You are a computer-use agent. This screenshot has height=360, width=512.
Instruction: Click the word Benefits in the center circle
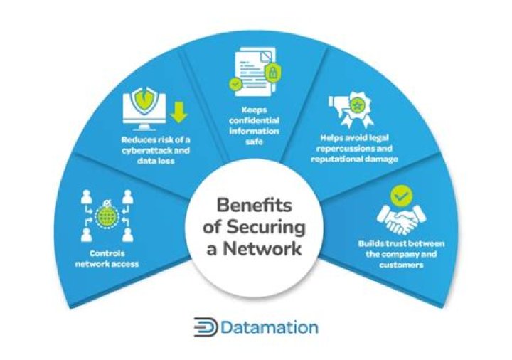click(x=254, y=206)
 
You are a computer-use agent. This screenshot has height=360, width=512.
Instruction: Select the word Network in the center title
click(x=262, y=248)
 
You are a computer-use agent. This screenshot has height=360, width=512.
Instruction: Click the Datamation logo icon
click(x=206, y=327)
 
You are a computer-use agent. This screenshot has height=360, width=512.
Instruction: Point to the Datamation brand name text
click(x=270, y=327)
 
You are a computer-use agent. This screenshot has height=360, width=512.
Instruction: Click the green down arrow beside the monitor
click(x=178, y=112)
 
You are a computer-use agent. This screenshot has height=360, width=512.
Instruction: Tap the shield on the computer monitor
click(x=144, y=100)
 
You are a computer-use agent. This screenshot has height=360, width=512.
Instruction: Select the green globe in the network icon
click(x=107, y=216)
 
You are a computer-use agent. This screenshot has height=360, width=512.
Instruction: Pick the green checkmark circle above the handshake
click(x=402, y=196)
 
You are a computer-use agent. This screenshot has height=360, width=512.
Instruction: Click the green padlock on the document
click(x=273, y=73)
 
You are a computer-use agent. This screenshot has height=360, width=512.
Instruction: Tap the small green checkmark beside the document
click(x=235, y=84)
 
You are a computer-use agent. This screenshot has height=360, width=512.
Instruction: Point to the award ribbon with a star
click(x=357, y=110)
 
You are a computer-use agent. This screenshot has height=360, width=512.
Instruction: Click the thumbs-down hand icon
click(x=338, y=105)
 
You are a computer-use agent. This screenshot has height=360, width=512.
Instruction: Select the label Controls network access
click(x=107, y=258)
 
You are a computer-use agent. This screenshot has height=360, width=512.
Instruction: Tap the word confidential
click(x=254, y=120)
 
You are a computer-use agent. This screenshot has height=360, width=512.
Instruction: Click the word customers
click(x=401, y=265)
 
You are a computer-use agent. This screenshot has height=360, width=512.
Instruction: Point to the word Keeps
click(x=254, y=110)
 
